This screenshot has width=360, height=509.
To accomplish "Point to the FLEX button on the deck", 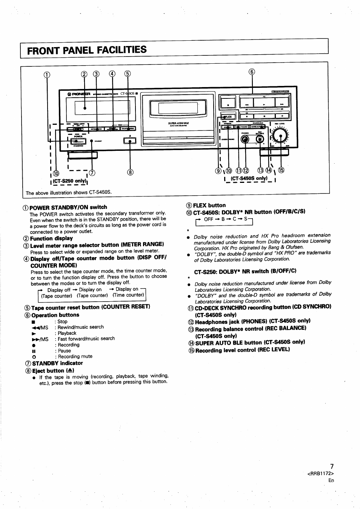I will point(228,117).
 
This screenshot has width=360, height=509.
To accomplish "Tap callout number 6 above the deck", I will point(252,72).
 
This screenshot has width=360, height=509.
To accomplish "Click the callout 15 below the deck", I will point(281,170).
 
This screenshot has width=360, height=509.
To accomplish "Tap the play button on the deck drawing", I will point(264,102).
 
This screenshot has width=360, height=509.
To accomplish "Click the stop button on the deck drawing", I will point(228,103).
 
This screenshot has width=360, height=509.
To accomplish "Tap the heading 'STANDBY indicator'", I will point(57,363).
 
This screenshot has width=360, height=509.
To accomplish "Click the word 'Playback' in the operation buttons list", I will point(67,333).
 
